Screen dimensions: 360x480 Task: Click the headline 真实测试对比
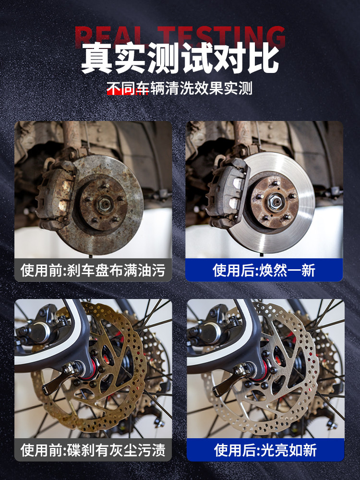coord(180,58)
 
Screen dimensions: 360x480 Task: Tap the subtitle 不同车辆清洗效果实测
coord(180,88)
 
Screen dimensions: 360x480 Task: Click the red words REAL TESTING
coord(180,37)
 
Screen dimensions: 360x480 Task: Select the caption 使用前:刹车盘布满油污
coord(93,270)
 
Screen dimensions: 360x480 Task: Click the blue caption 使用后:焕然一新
coord(264,270)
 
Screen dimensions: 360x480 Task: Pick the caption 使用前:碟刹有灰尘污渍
coord(93,450)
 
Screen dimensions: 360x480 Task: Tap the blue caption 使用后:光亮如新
coord(265,450)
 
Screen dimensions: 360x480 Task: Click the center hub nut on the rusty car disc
coord(104,203)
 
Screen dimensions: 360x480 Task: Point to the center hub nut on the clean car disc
coord(274,202)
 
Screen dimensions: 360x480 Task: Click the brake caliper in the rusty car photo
coord(56,193)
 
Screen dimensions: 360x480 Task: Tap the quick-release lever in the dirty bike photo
coord(62,378)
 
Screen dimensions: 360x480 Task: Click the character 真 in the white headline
coord(97,58)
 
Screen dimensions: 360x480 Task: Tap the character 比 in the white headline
coord(263,58)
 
